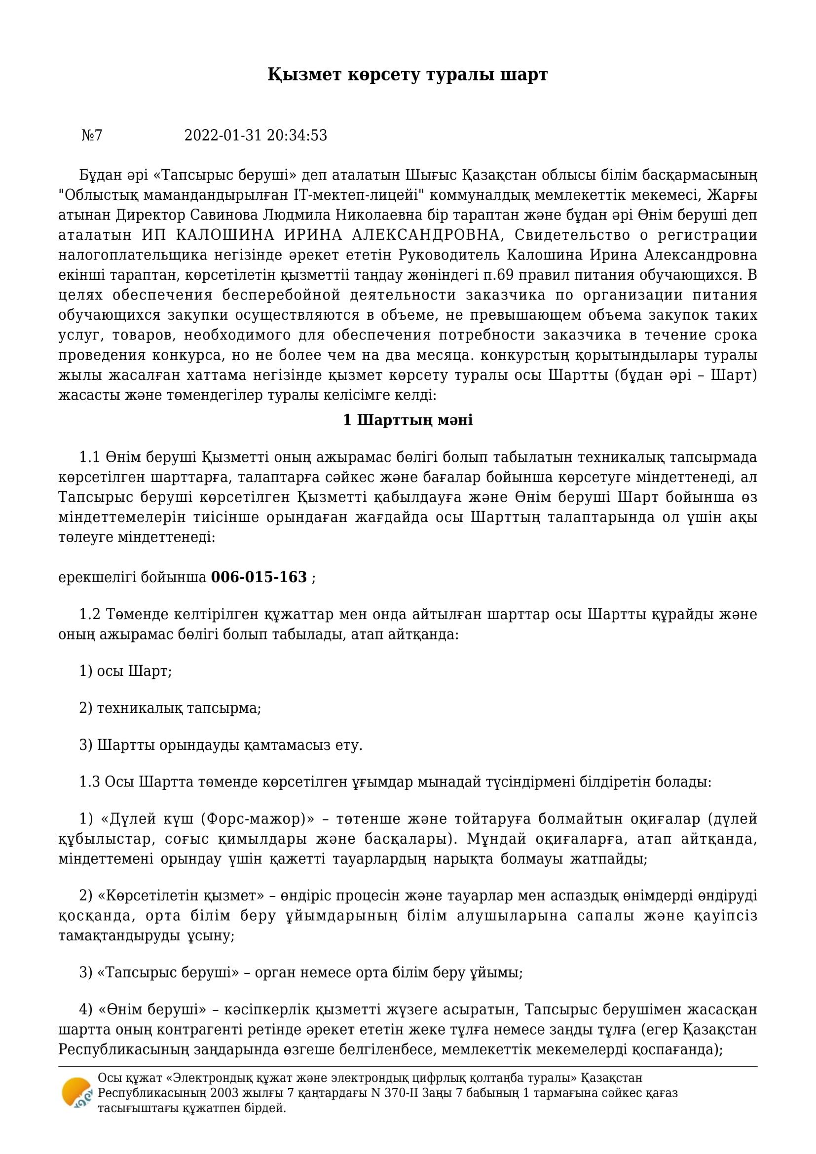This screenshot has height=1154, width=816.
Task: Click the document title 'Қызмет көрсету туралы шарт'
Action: click(x=408, y=74)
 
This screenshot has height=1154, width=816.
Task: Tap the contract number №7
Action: click(x=92, y=135)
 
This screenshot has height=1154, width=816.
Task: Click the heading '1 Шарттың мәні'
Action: click(x=408, y=420)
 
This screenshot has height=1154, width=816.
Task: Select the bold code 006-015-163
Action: click(x=259, y=577)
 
